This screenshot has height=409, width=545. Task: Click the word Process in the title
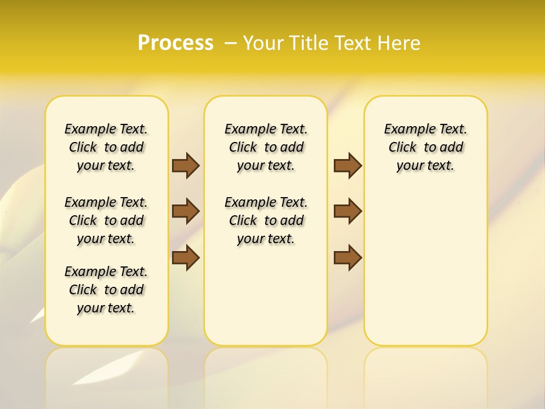coord(175,43)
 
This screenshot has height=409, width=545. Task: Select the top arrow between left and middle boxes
coord(186,165)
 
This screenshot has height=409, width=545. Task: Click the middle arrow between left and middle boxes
coord(186,211)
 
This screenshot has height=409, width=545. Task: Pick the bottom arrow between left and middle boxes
coord(186,258)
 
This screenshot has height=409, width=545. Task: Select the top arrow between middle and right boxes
coord(347,165)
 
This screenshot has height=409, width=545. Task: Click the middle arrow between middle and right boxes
coord(347,211)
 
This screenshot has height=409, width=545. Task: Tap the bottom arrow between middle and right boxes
coord(347,258)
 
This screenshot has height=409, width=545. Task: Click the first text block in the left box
coord(106,147)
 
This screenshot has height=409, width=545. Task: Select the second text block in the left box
coord(106,220)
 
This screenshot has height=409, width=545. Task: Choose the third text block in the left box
coord(106,290)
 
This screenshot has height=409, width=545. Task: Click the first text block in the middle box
coord(266,147)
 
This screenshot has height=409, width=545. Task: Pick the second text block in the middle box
coord(266,220)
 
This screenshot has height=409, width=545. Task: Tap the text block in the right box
coord(425,147)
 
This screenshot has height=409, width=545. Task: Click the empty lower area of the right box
coord(425,273)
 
